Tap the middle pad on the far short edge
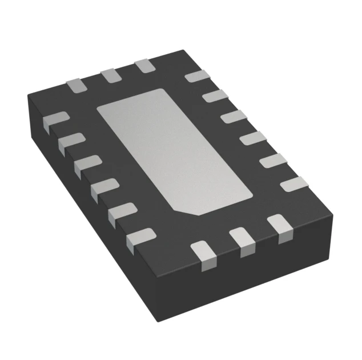point(110,76)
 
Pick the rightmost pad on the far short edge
point(144,66)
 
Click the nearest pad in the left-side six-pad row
point(140,236)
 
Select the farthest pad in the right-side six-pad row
point(198,76)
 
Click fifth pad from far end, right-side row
point(272,161)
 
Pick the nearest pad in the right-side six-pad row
point(293,184)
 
